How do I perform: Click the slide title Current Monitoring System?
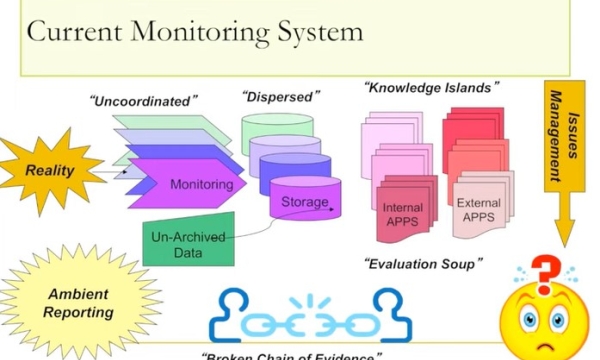click(x=195, y=32)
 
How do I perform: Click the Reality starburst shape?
click(x=50, y=171)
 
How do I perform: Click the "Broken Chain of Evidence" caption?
click(x=290, y=355)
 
